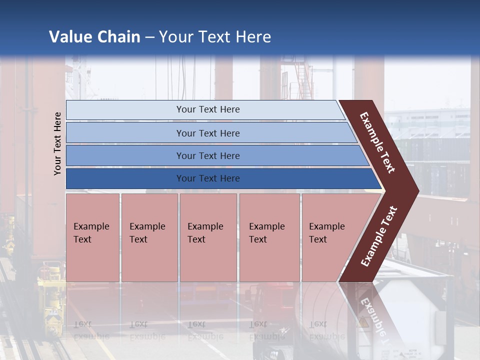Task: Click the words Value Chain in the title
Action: coord(94,37)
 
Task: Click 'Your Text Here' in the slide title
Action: coord(215,37)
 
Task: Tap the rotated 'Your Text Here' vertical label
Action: coord(57,143)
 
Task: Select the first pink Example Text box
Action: coord(92,237)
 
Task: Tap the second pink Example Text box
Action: coord(149,237)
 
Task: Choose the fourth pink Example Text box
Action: coord(269,237)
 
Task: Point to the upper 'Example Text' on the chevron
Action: coord(377,142)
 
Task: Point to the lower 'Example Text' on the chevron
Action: coord(379,236)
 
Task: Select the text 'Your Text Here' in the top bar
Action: coord(208,109)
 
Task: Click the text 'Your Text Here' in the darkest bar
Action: coord(208,178)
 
